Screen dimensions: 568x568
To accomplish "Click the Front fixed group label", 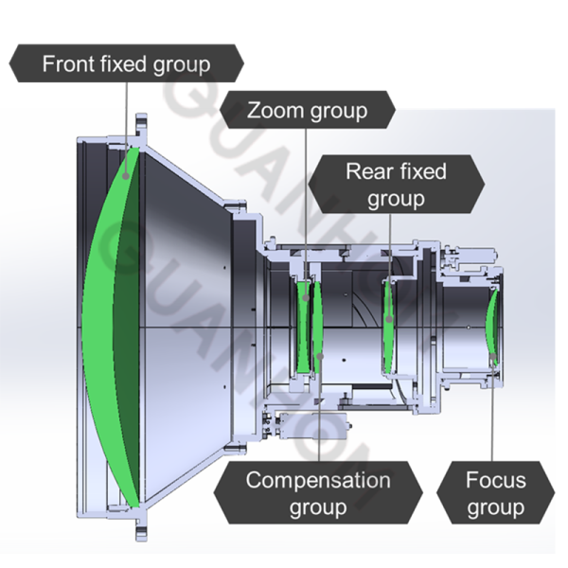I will pos(125,64).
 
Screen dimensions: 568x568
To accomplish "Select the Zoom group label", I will pos(306,110).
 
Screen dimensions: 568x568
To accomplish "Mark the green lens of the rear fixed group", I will pos(388,327).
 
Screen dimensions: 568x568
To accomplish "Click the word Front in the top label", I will pos(69,64).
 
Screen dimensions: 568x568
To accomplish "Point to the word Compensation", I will pos(317,479).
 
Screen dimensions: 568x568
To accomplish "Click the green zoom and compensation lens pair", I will pos(309,327).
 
